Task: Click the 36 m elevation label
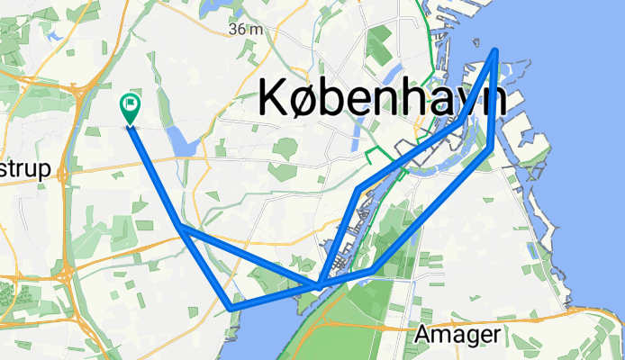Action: point(245,29)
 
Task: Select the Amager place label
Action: point(458,335)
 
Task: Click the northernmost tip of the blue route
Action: point(496,51)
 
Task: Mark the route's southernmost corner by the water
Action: point(232,309)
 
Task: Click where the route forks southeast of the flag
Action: point(181,228)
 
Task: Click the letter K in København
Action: point(274,96)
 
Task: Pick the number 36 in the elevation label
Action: point(239,29)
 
